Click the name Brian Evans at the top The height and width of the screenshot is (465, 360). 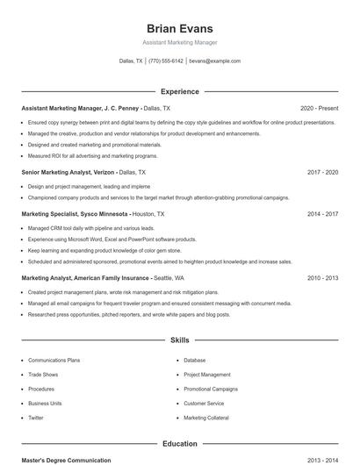click(179, 28)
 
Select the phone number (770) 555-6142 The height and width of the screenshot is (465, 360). click(166, 61)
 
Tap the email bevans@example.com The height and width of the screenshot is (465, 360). click(214, 61)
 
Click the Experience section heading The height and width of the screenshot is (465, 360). click(179, 91)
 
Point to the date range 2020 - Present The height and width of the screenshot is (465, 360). click(319, 108)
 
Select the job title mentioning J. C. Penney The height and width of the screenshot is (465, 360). click(80, 108)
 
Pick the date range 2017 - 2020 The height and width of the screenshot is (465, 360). click(323, 173)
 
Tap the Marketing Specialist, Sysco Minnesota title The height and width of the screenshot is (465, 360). click(76, 213)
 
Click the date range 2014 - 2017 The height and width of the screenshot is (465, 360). click(323, 213)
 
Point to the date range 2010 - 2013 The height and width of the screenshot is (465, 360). click(323, 277)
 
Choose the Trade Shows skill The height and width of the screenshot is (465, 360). click(44, 375)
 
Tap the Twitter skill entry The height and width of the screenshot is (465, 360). click(36, 418)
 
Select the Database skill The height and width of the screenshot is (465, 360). click(194, 361)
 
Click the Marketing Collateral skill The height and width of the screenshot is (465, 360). click(206, 418)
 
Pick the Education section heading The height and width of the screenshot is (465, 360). click(179, 444)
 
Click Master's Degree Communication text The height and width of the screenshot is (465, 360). click(67, 461)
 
